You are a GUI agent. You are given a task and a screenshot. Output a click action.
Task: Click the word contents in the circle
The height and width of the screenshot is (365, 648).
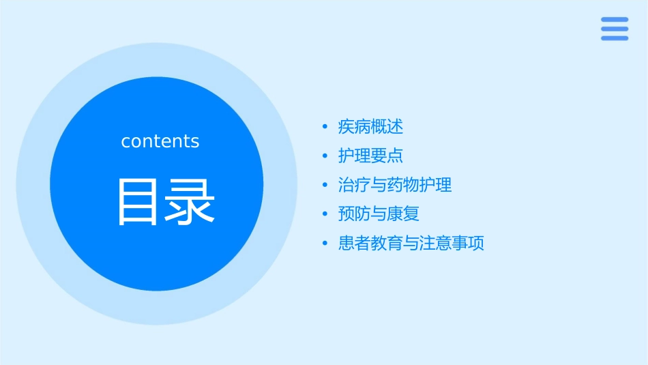click(x=160, y=141)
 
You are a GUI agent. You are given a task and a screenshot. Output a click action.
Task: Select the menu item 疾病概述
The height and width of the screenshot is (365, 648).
click(x=370, y=127)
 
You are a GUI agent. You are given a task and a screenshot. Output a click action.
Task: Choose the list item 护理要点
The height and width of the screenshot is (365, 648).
click(x=370, y=156)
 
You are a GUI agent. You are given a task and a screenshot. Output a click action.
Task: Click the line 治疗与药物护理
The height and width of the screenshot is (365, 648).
click(x=395, y=185)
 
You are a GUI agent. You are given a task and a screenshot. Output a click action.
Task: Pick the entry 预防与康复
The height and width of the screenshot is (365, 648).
click(x=379, y=214)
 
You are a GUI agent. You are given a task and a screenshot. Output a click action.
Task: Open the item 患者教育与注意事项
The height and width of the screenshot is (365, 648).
click(x=411, y=244)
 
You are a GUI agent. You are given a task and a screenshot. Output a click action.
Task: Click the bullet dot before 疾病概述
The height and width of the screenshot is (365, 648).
click(x=325, y=127)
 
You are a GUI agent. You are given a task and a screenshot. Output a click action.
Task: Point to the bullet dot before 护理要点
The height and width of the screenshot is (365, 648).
click(x=325, y=156)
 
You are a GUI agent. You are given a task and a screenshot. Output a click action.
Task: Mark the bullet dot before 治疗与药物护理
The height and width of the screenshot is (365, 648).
click(x=325, y=185)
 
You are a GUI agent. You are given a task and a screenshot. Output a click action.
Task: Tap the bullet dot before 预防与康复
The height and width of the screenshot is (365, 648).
click(x=325, y=214)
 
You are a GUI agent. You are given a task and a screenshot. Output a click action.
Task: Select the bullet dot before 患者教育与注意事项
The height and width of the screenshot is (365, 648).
click(x=325, y=244)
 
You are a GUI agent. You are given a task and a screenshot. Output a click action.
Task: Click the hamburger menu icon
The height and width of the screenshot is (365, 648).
click(x=615, y=29)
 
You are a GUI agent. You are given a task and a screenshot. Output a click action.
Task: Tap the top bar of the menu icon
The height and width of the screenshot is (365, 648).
click(x=615, y=20)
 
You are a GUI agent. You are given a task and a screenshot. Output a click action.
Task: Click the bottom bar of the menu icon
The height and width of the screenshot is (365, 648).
click(x=615, y=38)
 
